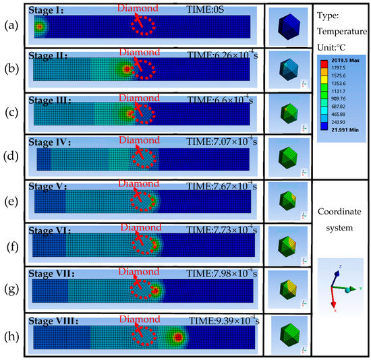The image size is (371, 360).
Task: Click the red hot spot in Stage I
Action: tap(38, 28)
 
